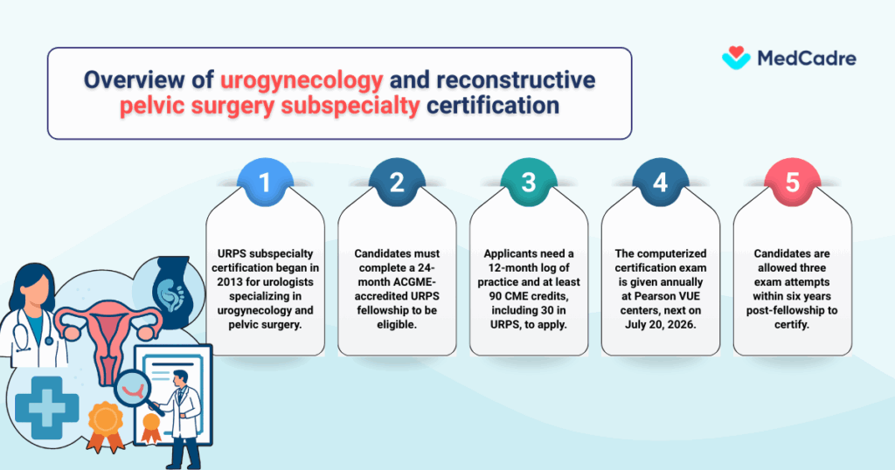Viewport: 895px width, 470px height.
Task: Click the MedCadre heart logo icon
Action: coord(736,59)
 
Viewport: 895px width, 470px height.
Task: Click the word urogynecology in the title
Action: coord(302,81)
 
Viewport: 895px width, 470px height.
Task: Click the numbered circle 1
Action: coord(267,183)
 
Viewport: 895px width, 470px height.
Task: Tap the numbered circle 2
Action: coord(397,183)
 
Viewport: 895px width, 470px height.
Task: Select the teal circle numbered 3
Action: coord(528,183)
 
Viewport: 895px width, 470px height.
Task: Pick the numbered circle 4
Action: coord(660,183)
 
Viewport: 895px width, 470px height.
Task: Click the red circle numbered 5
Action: coord(792,183)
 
